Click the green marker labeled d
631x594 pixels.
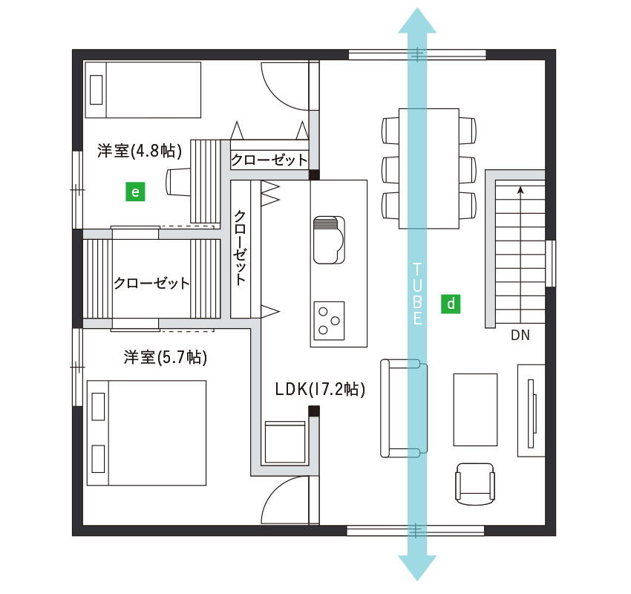(451, 304)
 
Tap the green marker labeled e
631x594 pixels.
(135, 192)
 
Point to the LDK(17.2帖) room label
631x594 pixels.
(321, 389)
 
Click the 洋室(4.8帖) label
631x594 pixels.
(140, 151)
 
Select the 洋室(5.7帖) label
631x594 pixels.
(166, 357)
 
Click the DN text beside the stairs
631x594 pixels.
(520, 335)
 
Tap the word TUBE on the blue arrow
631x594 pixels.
(417, 294)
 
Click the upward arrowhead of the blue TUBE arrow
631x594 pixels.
(417, 20)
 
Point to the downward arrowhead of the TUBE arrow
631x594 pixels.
(417, 568)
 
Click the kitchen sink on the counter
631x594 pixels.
(329, 240)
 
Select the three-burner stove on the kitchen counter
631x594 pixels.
(329, 321)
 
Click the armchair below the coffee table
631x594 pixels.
(475, 483)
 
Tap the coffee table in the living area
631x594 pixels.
(475, 410)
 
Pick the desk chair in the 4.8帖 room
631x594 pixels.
(178, 183)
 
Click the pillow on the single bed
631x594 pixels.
(97, 89)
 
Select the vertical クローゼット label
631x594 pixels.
(240, 248)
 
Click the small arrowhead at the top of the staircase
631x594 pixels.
(520, 190)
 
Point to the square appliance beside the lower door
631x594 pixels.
(285, 443)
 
